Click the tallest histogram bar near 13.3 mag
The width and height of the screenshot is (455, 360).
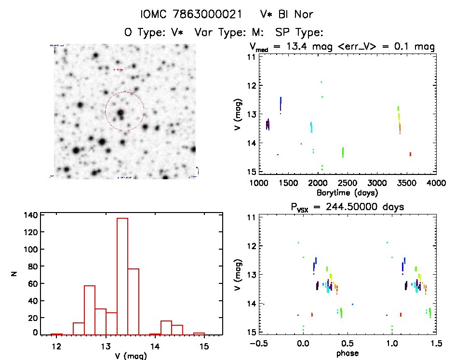coord(122,276)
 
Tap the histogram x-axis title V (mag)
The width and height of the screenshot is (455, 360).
coord(128,356)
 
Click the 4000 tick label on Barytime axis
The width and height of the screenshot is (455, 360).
coord(436,183)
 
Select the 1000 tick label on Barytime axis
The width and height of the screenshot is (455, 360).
coord(259,183)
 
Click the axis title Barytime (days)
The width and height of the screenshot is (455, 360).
coord(347,192)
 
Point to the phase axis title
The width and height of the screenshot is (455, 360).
coord(347,353)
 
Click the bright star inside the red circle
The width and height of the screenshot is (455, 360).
coord(120,114)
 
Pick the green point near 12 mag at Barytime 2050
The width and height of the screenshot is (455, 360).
coord(321,82)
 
